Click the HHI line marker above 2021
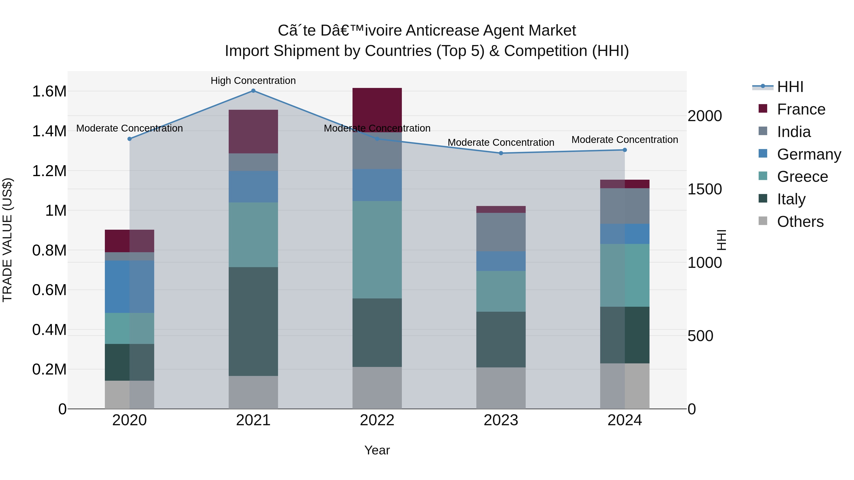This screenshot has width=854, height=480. point(253,91)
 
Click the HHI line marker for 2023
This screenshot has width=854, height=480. point(501,153)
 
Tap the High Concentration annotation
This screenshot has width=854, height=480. point(253,81)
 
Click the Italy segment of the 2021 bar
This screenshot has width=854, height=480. point(253,321)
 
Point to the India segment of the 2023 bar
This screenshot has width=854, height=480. point(501,232)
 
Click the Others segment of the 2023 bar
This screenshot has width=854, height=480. point(501,388)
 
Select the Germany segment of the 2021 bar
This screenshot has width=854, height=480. point(253,187)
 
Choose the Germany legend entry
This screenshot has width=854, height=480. point(809,154)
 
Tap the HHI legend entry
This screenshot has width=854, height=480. point(790,87)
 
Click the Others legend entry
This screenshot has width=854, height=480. point(800,222)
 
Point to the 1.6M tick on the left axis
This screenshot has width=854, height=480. point(49,91)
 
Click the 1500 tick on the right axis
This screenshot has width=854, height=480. point(705,189)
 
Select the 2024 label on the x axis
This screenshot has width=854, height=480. point(625,420)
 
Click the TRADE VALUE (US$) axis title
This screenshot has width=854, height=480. point(7,240)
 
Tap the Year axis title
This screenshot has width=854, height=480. point(377,450)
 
